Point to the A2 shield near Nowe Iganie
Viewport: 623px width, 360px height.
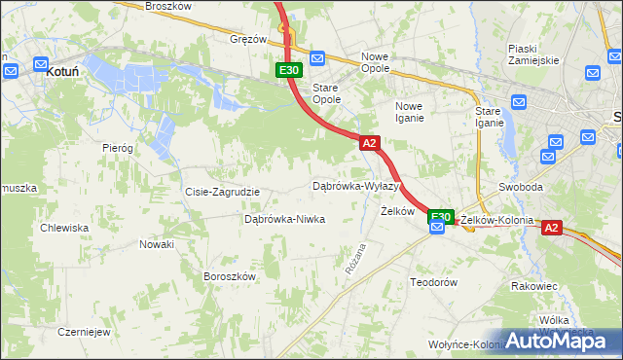point(369,143)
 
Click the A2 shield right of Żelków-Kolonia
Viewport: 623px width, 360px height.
point(551,228)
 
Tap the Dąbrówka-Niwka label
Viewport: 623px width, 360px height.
point(284,220)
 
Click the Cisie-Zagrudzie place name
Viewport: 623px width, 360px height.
point(222,192)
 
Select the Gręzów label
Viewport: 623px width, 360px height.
point(248,40)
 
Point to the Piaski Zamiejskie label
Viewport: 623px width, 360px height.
point(533,53)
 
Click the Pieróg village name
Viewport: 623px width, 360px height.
point(117,148)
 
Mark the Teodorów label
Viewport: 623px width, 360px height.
point(433,282)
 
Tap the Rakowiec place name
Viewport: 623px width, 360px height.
point(533,287)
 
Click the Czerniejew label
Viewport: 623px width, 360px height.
point(83,331)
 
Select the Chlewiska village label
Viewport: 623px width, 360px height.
point(64,228)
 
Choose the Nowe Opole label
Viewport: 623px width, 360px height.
point(375,62)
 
